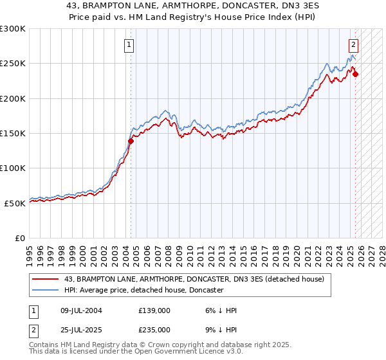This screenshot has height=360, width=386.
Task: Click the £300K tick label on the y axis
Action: point(13,29)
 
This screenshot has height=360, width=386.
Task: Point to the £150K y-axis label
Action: point(13,133)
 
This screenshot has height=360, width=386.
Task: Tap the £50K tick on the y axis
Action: point(15,203)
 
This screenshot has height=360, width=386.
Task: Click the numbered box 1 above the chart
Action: point(129,45)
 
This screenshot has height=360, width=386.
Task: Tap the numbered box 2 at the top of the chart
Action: point(354,45)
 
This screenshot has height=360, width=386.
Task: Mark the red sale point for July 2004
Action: point(131,141)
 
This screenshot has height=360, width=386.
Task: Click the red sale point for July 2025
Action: point(356,74)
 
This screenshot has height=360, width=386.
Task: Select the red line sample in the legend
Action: point(46,279)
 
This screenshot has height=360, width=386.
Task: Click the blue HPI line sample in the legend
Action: point(46,290)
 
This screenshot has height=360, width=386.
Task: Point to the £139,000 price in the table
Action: point(154,310)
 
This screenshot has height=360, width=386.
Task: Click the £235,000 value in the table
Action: point(154,329)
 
